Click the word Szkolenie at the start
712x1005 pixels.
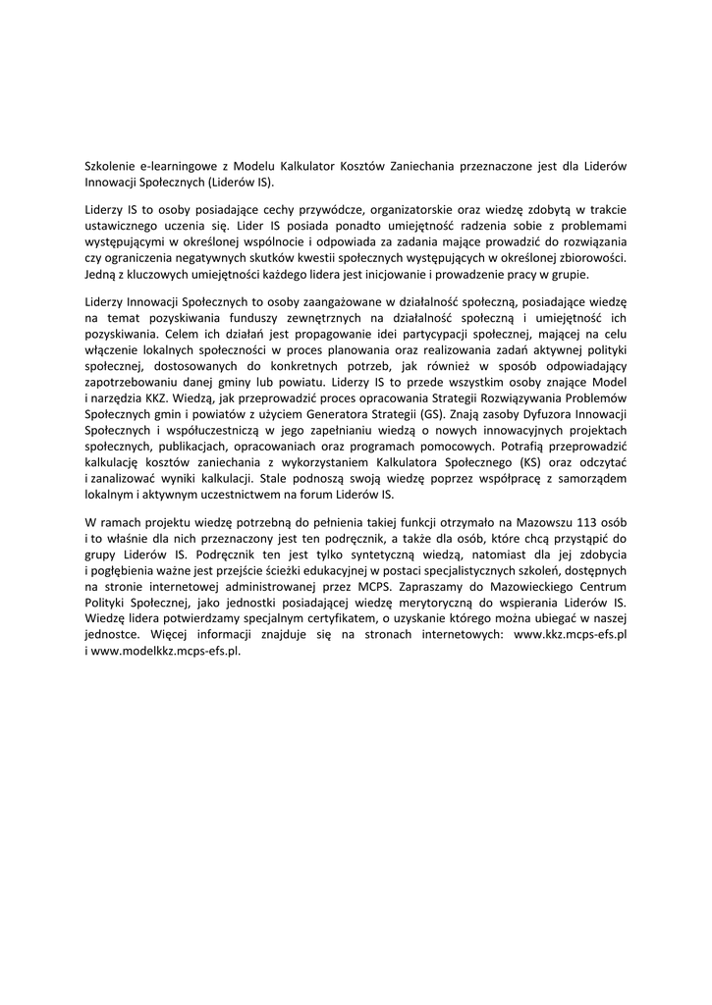[x=111, y=167]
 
